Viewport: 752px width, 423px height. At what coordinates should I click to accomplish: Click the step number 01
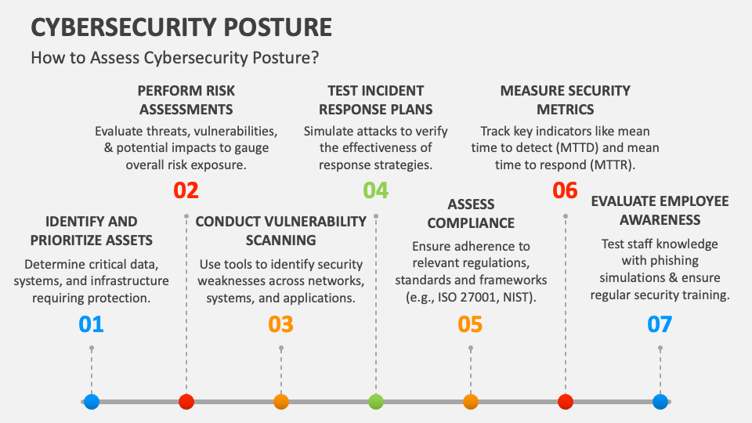pos(91,324)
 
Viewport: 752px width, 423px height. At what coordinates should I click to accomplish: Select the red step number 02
pos(186,190)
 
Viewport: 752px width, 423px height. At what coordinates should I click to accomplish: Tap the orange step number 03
pos(280,324)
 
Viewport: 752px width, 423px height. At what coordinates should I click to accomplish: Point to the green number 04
pos(375,190)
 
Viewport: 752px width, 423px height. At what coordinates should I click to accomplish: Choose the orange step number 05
pos(470,324)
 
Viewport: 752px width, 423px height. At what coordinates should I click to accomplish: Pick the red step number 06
pos(565,190)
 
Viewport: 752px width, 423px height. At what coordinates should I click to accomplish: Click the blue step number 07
pos(660,324)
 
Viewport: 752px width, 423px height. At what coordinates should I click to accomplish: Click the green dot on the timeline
pos(376,401)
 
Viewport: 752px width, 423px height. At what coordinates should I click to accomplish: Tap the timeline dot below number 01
pos(92,401)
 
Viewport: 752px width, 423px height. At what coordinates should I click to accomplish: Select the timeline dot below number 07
pos(660,401)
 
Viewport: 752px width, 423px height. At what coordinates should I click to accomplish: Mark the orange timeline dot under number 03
pos(281,401)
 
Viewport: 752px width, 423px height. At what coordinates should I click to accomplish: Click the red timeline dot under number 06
pos(566,401)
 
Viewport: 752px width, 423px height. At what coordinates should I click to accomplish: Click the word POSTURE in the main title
pos(277,27)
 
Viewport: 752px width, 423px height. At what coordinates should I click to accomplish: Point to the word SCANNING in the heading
pos(281,240)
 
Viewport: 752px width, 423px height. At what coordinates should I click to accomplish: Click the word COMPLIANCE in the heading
pos(471,223)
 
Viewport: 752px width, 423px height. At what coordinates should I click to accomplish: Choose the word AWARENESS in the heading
pos(660,219)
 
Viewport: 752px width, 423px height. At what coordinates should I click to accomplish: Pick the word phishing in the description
pos(674,261)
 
